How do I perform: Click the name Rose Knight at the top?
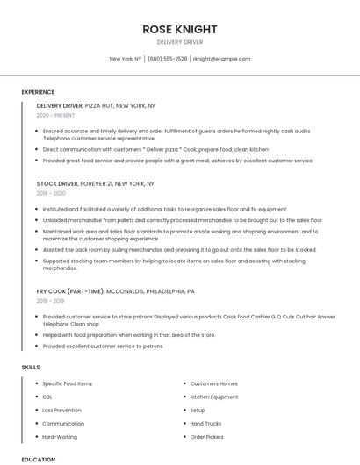point(179,29)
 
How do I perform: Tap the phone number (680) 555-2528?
point(167,59)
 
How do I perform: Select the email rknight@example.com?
point(221,59)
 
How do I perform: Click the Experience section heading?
point(38,92)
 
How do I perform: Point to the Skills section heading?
point(31,367)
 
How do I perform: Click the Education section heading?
point(38,459)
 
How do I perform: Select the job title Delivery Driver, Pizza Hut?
point(96,105)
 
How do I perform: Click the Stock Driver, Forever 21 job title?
point(95,184)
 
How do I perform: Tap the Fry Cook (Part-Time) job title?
point(115,290)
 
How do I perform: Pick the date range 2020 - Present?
point(55,115)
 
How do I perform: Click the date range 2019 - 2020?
point(51,193)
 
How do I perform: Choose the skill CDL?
point(47,397)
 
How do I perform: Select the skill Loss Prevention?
point(61,410)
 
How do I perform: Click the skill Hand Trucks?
point(205,423)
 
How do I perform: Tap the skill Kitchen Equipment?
point(214,397)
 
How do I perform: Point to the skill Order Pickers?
point(207,436)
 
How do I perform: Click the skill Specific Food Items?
point(67,383)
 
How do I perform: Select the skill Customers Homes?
point(213,383)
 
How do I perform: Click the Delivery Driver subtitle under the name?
point(179,41)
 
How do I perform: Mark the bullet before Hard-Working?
point(36,436)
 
